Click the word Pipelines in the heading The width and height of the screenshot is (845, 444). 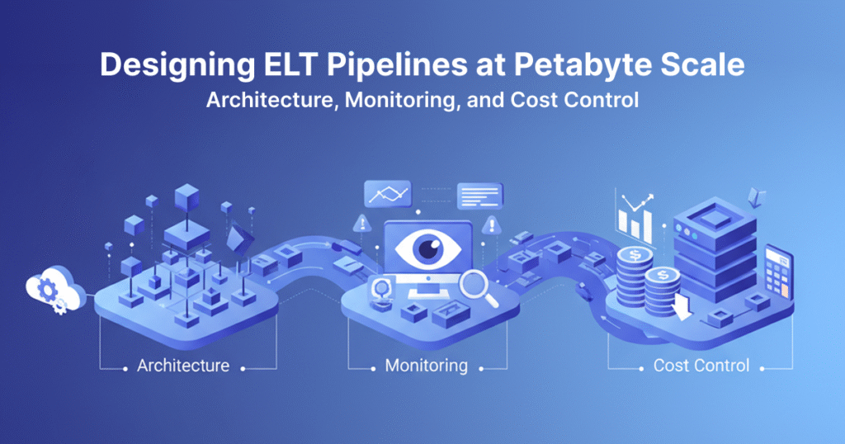tap(387, 64)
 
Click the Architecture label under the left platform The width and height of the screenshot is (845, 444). tap(183, 365)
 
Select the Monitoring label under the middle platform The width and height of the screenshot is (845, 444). tap(426, 365)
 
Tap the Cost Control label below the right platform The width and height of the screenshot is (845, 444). tap(701, 365)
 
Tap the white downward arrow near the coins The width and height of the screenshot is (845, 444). tap(682, 306)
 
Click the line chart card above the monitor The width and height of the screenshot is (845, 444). tap(388, 196)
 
